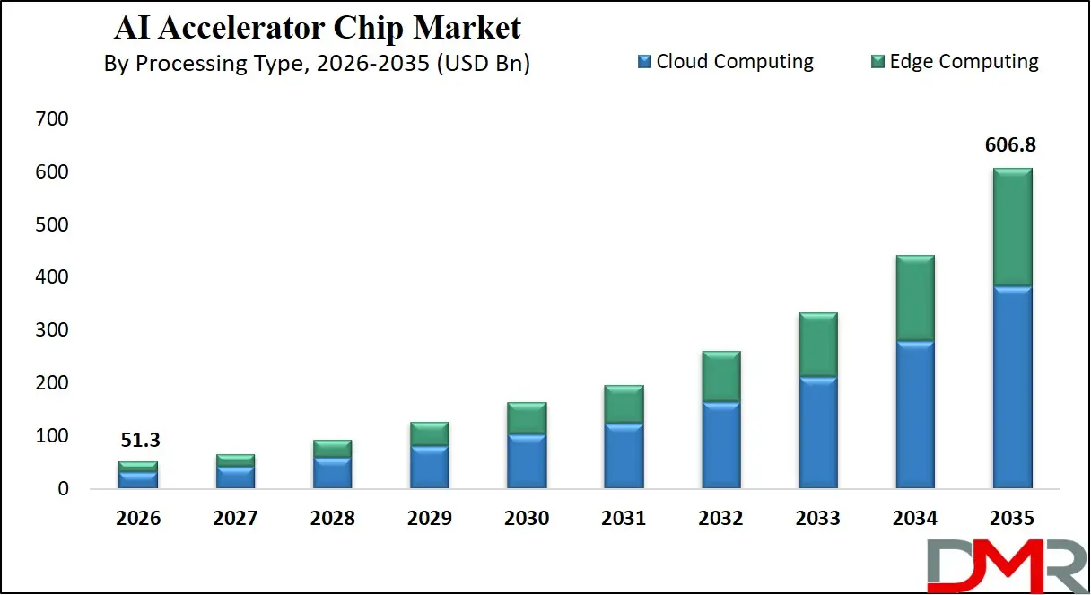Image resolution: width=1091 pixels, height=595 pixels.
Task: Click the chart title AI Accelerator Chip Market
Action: [x=317, y=28]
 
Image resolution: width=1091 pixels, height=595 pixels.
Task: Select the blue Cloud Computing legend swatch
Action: [x=644, y=62]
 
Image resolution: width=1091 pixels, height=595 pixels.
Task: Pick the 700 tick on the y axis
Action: [x=51, y=119]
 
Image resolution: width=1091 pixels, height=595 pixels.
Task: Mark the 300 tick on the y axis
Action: [x=51, y=330]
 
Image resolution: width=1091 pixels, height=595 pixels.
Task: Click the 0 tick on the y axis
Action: [x=62, y=489]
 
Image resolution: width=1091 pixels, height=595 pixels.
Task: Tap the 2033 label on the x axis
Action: [x=818, y=519]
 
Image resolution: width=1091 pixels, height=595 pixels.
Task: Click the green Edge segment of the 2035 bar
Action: [x=1012, y=227]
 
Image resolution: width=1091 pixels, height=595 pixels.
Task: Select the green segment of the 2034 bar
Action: [x=915, y=298]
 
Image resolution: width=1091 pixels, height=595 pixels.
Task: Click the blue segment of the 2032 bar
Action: [x=721, y=445]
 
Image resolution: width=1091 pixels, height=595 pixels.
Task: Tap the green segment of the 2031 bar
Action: [x=624, y=405]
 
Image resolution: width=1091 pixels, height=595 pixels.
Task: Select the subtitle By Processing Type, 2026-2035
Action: [x=317, y=64]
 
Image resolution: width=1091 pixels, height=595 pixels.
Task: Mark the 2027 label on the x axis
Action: [x=235, y=519]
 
